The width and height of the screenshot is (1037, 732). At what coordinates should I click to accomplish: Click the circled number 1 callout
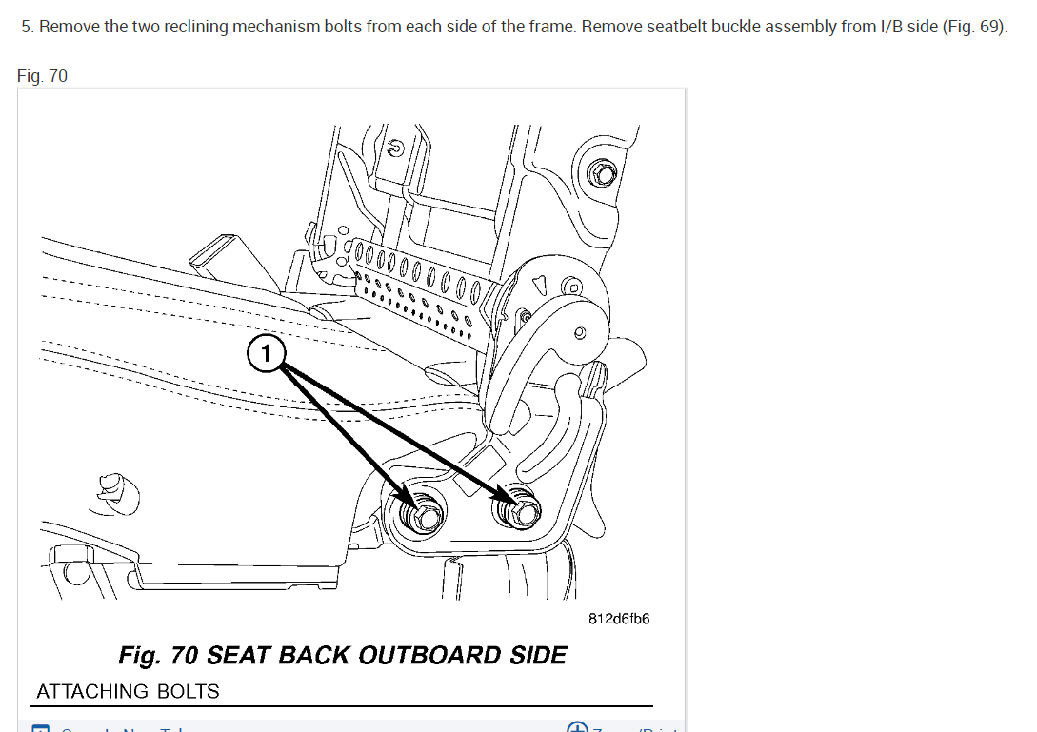pyautogui.click(x=267, y=354)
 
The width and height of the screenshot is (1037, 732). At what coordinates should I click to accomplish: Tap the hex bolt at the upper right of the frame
pyautogui.click(x=602, y=173)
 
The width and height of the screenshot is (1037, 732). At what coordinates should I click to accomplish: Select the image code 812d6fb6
pyautogui.click(x=619, y=619)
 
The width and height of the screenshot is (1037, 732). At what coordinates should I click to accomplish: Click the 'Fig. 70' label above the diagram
pyautogui.click(x=43, y=75)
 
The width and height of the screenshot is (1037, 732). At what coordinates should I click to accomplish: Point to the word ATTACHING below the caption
pyautogui.click(x=92, y=691)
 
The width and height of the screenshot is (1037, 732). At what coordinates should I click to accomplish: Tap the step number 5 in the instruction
pyautogui.click(x=27, y=27)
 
